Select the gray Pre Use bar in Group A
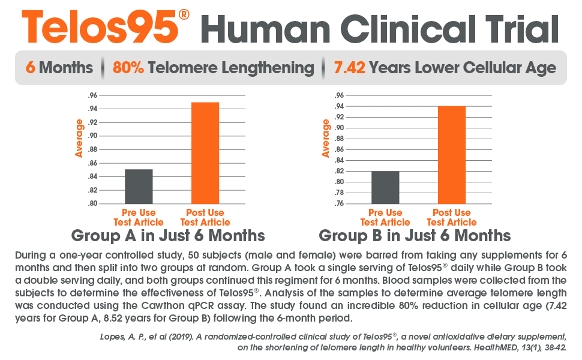click(139, 187)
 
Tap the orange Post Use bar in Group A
click(205, 153)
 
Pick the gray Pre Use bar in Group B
click(385, 188)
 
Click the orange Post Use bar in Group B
click(452, 155)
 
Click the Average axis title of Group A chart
click(79, 138)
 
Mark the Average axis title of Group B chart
click(326, 138)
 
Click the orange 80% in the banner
click(128, 67)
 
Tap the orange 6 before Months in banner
click(30, 67)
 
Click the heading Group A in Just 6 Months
click(168, 235)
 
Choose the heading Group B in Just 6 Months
click(415, 235)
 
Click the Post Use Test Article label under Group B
click(452, 217)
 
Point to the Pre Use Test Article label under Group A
click(139, 217)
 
